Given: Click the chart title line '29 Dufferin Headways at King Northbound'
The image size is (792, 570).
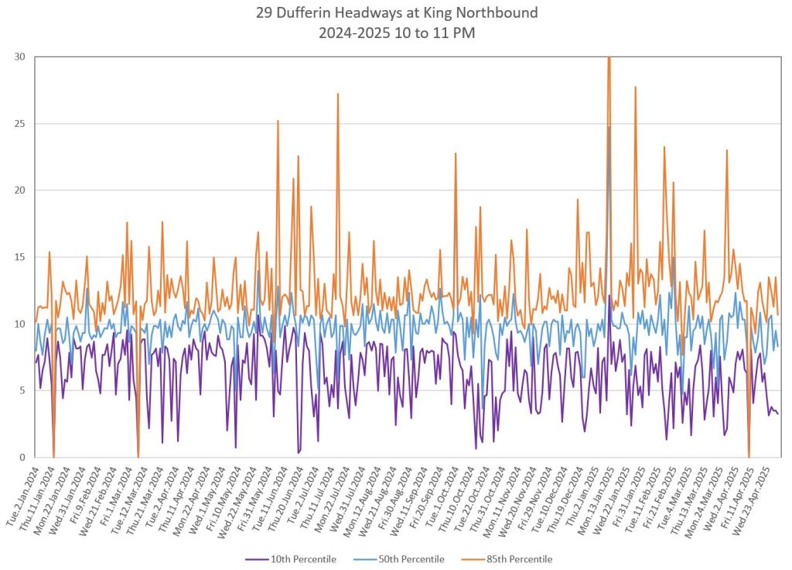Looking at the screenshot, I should [x=396, y=13].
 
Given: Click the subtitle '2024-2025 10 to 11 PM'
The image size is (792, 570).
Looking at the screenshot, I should [x=396, y=33].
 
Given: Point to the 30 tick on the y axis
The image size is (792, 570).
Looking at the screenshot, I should [x=19, y=57].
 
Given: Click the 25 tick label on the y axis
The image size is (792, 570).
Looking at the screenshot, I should [x=19, y=123].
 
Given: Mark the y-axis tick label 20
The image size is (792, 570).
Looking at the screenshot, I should [x=19, y=190].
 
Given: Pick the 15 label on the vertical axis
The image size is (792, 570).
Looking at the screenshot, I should [x=19, y=257].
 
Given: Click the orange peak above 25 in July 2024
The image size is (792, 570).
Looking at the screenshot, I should [x=338, y=94].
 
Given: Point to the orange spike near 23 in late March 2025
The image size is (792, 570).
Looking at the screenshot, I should [x=727, y=150].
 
